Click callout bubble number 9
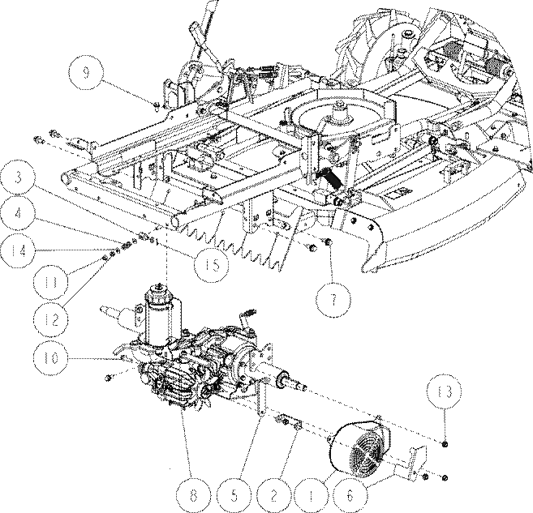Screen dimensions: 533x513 coord(85,73)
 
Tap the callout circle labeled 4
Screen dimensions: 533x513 coord(18,214)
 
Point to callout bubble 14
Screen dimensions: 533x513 coord(18,250)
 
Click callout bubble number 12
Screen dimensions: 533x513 coord(51,319)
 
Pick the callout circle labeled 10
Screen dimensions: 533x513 coord(51,358)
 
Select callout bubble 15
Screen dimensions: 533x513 coord(211,265)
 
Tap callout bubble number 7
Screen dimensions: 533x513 coord(333,300)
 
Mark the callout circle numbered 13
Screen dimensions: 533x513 coord(444,392)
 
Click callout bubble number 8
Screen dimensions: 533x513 coord(193,496)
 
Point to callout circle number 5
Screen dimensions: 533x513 coord(234,496)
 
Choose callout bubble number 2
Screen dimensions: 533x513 coord(274,496)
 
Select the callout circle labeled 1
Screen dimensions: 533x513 coord(311,496)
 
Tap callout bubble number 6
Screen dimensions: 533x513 coord(350,496)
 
